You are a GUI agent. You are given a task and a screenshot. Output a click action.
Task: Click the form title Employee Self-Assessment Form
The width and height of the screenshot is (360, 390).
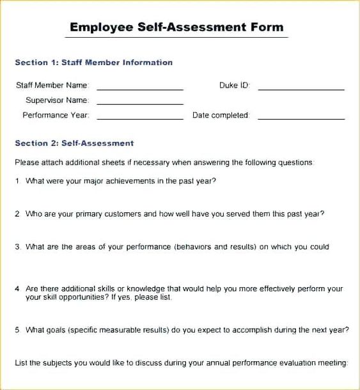(x=176, y=27)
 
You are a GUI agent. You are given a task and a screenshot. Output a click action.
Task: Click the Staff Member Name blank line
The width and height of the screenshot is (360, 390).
(x=140, y=89)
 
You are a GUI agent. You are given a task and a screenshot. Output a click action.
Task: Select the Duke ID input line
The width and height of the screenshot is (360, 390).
(x=301, y=89)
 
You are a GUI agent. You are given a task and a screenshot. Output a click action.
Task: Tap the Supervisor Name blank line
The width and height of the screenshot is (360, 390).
(x=140, y=104)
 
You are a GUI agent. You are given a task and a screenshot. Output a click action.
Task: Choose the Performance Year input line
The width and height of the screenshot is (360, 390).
(x=140, y=119)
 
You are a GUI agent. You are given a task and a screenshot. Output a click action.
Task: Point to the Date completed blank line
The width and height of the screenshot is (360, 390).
(x=301, y=119)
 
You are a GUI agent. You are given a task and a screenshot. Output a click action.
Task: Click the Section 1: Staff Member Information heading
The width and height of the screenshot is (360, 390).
(x=93, y=63)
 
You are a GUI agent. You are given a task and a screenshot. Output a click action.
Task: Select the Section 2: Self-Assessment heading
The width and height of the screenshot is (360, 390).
(x=74, y=143)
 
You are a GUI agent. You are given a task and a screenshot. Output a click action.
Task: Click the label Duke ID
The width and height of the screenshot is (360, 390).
(x=234, y=85)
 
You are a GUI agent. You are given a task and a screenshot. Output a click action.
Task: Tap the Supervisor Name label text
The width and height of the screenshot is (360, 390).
(x=57, y=100)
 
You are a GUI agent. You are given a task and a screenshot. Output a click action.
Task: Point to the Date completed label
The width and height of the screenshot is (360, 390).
(x=221, y=116)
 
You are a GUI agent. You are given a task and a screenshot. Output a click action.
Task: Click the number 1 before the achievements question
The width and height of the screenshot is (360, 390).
(x=17, y=181)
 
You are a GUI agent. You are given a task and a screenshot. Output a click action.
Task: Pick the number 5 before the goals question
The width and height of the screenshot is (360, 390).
(x=17, y=330)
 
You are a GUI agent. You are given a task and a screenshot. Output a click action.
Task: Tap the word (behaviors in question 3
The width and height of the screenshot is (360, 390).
(x=193, y=247)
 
